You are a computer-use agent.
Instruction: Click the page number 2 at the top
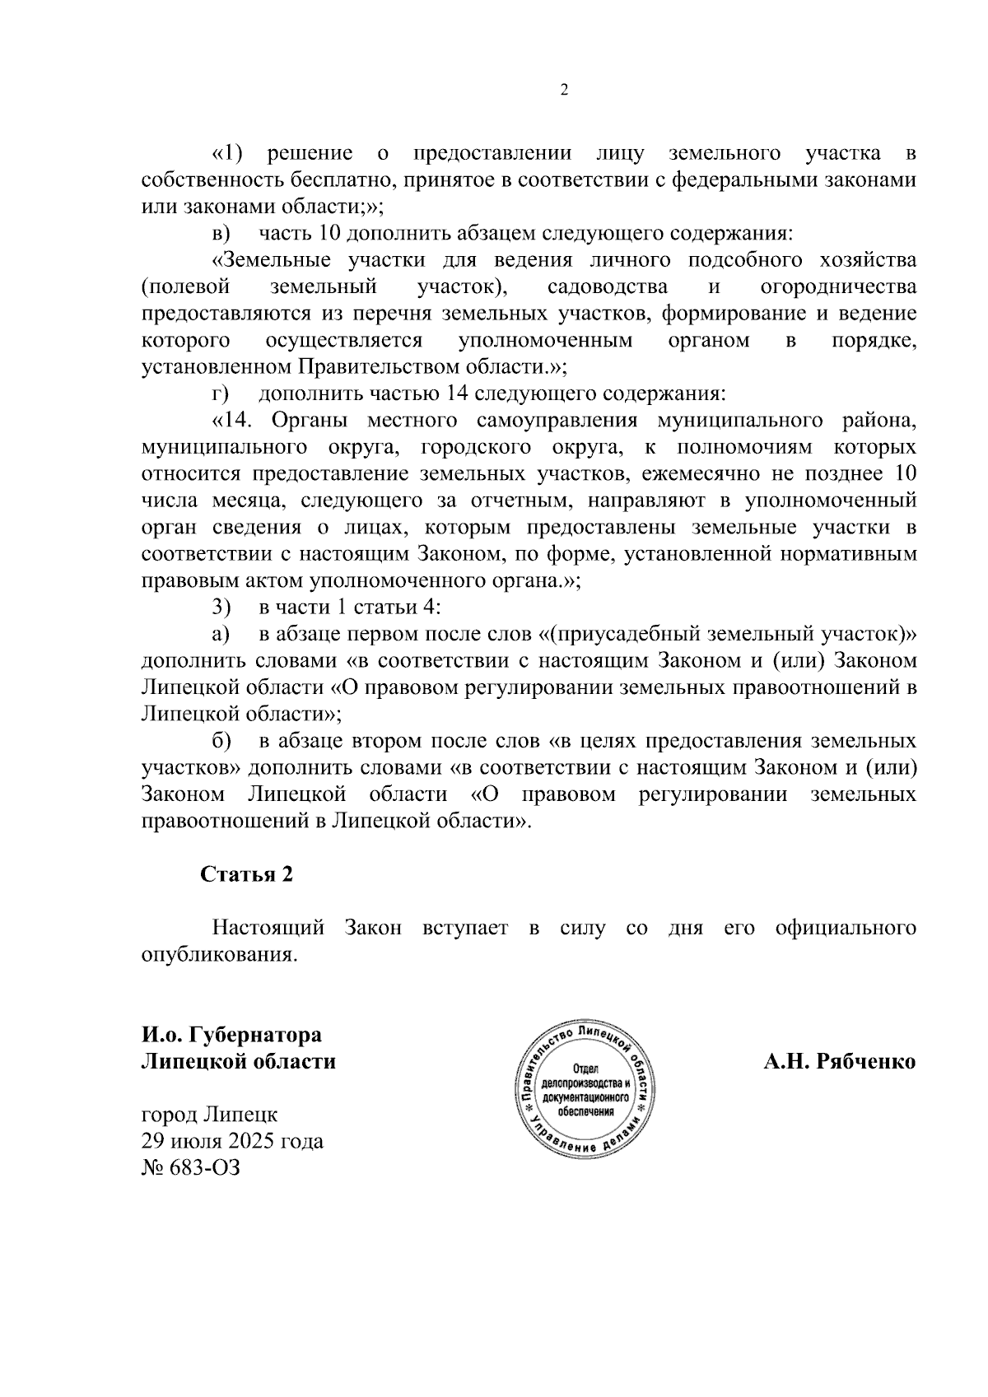tap(564, 91)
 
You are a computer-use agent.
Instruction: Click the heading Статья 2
tap(247, 874)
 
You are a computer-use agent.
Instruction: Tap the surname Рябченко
tap(868, 1061)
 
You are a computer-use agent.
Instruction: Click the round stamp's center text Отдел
tap(585, 1069)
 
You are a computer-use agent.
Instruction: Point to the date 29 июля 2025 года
tap(232, 1141)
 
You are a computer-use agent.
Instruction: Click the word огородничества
tap(838, 287)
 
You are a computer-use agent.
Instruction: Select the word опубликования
tap(218, 955)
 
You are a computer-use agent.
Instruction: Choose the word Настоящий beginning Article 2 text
tap(268, 929)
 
